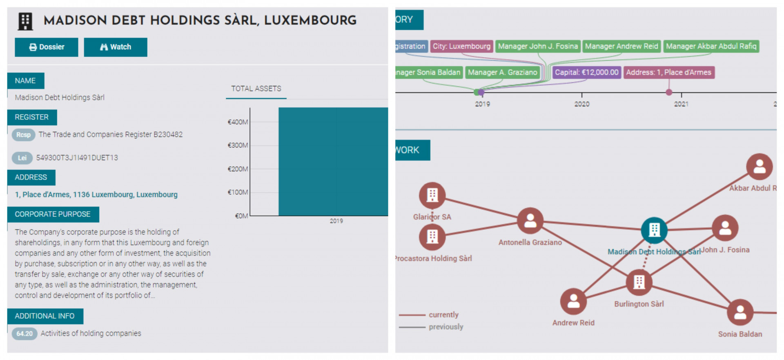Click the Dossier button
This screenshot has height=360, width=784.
[x=46, y=47]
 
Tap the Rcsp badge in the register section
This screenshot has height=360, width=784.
[x=23, y=135]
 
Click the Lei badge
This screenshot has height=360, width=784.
[x=22, y=158]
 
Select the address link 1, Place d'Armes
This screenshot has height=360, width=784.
[x=96, y=195]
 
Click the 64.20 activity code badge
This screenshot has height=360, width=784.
[x=24, y=334]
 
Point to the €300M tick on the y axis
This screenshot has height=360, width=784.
[x=238, y=145]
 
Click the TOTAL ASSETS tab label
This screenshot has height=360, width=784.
[x=256, y=89]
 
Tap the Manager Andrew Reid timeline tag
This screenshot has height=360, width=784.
[x=621, y=47]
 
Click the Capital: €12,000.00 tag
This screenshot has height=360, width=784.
[x=586, y=73]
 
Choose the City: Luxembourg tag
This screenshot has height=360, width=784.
[x=461, y=47]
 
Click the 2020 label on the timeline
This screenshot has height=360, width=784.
[x=582, y=104]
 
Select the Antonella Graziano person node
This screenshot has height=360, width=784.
[x=530, y=221]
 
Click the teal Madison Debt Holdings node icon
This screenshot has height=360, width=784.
[x=654, y=230]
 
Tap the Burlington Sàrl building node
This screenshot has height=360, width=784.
[x=639, y=282]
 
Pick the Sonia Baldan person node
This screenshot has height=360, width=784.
[x=740, y=313]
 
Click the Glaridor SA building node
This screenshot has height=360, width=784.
[x=432, y=195]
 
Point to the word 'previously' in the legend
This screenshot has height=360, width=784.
[x=446, y=327]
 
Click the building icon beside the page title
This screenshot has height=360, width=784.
[x=25, y=21]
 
